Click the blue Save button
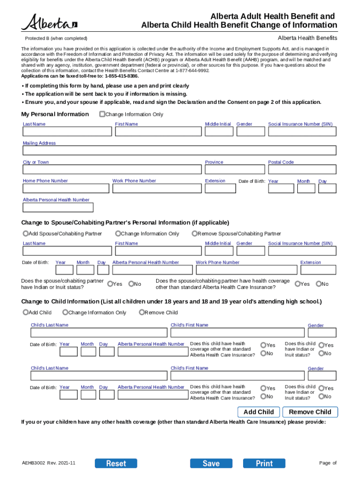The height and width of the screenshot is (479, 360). [x=211, y=463]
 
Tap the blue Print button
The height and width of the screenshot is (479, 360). [x=264, y=463]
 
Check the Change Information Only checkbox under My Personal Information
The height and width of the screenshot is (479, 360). [x=102, y=114]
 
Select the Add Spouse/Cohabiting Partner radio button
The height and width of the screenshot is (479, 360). [x=26, y=233]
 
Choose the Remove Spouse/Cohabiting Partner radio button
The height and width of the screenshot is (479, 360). [x=194, y=233]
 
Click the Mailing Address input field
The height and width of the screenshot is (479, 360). [x=180, y=151]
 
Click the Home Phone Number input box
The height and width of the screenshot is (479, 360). [x=65, y=188]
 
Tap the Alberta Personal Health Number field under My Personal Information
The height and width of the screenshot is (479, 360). [x=58, y=207]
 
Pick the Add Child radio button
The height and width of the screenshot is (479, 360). [x=26, y=312]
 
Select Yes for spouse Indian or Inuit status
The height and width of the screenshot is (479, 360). [x=110, y=283]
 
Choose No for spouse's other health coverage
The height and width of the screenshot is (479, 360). [x=318, y=283]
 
